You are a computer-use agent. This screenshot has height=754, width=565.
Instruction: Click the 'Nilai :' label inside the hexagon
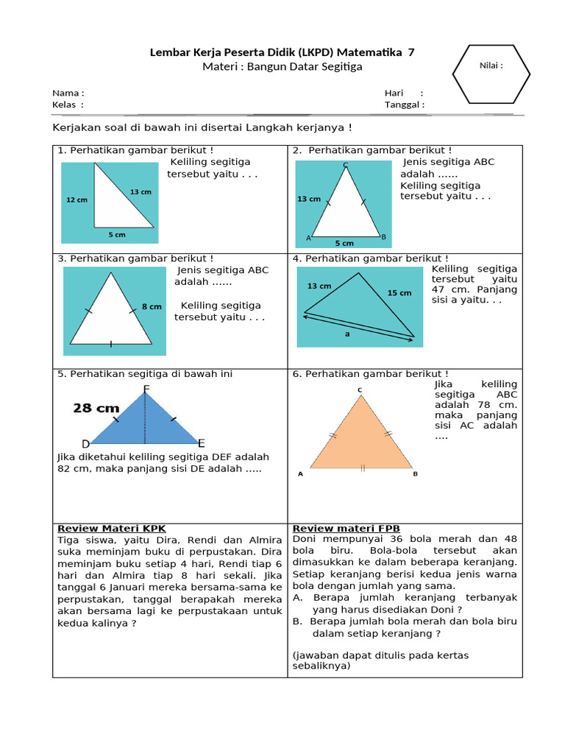click(491, 66)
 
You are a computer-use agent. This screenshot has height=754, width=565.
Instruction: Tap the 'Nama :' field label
click(68, 94)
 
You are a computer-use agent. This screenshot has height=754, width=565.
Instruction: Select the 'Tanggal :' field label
click(404, 105)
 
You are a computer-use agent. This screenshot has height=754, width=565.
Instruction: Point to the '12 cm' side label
click(77, 200)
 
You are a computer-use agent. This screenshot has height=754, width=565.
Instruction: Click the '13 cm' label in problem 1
click(141, 192)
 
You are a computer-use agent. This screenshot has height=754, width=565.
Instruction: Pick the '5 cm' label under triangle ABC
click(344, 242)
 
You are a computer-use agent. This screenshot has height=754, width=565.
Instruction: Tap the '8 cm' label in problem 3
click(152, 306)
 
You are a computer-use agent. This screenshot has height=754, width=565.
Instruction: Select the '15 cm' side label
click(399, 293)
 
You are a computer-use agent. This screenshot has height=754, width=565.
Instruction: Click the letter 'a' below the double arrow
click(347, 333)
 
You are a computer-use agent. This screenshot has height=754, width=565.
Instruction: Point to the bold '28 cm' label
click(96, 408)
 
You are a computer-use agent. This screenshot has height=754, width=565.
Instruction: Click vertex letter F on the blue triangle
click(146, 389)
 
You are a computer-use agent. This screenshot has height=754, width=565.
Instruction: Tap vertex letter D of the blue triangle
click(85, 443)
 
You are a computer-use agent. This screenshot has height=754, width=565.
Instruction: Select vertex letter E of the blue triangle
click(201, 443)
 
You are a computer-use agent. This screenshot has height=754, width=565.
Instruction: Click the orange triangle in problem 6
click(360, 438)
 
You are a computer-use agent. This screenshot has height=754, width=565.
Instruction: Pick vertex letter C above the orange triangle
click(360, 390)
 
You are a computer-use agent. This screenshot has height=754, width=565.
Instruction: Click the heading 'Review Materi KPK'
click(111, 529)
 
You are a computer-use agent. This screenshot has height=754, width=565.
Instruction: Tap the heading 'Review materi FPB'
click(346, 529)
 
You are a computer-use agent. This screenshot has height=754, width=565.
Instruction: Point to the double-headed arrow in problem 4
click(359, 326)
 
